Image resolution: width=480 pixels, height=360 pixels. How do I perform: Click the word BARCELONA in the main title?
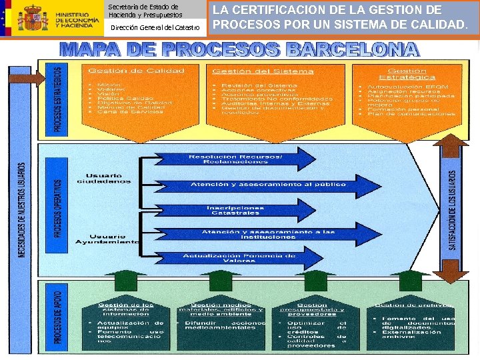click(x=353, y=50)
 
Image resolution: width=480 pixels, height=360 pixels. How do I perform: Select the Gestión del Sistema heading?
click(x=263, y=71)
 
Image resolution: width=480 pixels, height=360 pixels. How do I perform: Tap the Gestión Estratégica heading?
click(x=407, y=74)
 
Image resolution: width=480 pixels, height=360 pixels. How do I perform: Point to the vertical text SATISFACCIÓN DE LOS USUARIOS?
click(x=453, y=207)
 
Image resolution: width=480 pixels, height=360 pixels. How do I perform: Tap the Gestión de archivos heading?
click(x=413, y=305)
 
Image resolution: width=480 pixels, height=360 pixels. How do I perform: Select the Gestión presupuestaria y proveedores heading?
click(x=312, y=308)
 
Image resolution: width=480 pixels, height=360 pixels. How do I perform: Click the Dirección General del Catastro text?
click(x=155, y=27)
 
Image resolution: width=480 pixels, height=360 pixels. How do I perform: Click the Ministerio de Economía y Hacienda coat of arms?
click(x=33, y=19)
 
